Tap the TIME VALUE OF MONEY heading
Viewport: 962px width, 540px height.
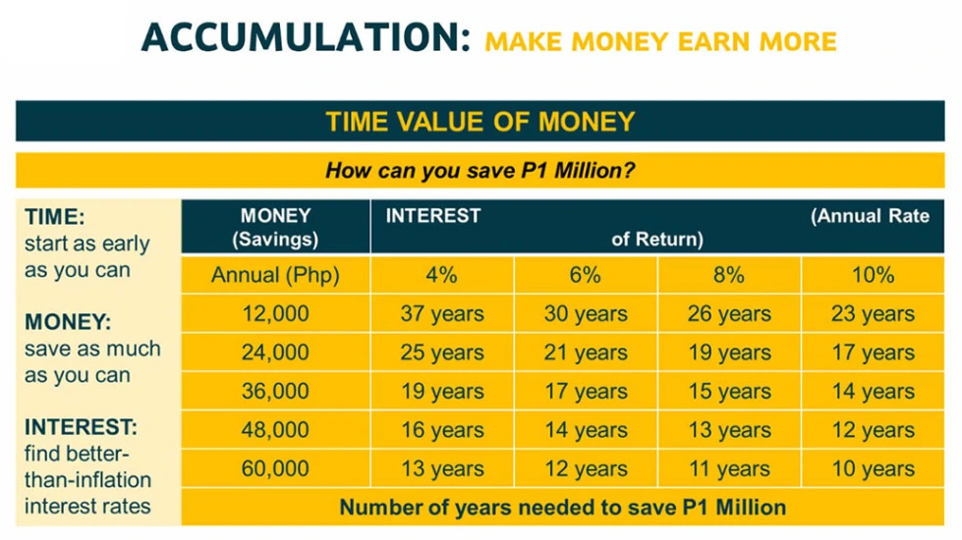pos(481,122)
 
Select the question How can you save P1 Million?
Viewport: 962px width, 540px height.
pos(481,170)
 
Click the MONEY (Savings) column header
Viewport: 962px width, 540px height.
pos(275,227)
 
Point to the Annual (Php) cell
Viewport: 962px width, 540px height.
pos(275,275)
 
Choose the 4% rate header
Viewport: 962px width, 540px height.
pos(442,275)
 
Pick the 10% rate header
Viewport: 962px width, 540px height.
pos(873,275)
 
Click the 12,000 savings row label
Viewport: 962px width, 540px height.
pos(275,314)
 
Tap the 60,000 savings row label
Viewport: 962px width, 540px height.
pos(275,469)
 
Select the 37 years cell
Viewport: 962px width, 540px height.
pos(442,314)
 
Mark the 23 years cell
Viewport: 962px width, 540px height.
pos(873,314)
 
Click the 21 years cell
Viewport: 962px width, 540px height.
pos(586,352)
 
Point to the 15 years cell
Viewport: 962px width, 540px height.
pos(729,391)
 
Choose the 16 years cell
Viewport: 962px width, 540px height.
pos(442,430)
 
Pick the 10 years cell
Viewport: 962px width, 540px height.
pos(873,469)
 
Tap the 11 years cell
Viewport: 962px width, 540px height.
pos(729,469)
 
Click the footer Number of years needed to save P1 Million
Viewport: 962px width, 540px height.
pos(563,508)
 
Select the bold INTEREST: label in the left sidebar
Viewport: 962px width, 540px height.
pos(81,427)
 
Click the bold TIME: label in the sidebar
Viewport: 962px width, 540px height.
pos(55,217)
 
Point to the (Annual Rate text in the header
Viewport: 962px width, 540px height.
pos(870,216)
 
